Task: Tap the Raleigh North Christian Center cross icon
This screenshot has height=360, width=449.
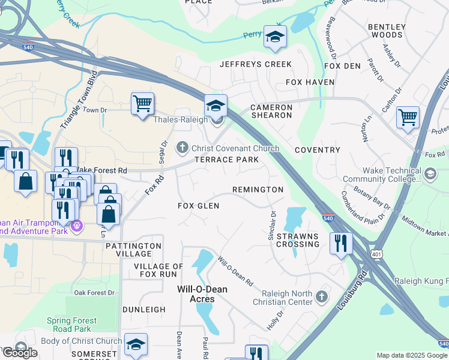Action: [322, 296]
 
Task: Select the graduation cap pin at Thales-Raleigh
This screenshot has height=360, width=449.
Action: [215, 106]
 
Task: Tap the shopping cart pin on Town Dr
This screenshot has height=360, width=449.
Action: [142, 104]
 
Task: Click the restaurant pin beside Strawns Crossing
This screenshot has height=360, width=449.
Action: [340, 243]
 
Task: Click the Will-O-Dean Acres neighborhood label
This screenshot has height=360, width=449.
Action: [202, 294]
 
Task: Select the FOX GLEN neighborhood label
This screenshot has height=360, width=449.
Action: [198, 206]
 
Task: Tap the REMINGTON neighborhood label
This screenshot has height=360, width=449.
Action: [258, 190]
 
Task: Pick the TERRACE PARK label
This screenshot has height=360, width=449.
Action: [226, 160]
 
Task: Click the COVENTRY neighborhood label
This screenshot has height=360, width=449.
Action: [318, 150]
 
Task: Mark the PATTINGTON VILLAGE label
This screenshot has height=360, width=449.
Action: [133, 250]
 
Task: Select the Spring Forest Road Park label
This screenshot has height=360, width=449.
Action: [71, 325]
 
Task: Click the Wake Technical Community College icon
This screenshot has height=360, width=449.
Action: [430, 174]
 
